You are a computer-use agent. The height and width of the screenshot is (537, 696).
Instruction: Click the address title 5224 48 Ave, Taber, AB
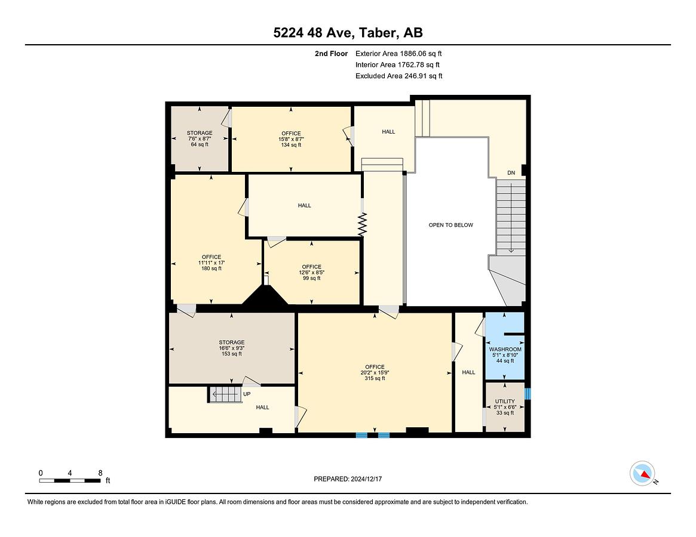(x=348, y=32)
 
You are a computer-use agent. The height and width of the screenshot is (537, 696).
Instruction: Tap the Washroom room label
(x=505, y=350)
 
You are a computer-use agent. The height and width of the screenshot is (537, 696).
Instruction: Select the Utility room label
(x=505, y=402)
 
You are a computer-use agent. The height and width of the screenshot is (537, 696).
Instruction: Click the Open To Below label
(x=450, y=225)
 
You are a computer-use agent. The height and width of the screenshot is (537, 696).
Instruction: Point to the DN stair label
(x=511, y=173)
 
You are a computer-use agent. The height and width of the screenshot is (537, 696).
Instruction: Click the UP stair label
(x=247, y=394)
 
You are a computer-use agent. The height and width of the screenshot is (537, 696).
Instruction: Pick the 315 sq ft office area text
(x=375, y=378)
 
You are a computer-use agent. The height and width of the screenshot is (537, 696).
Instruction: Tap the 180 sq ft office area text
(x=211, y=268)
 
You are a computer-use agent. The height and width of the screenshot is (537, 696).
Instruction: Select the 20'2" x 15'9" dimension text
(x=375, y=372)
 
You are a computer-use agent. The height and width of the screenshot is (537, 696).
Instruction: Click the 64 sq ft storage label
(x=200, y=144)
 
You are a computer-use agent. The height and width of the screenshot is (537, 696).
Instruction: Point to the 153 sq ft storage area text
(x=231, y=354)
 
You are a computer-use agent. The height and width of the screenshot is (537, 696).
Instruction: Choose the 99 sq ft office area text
(x=312, y=279)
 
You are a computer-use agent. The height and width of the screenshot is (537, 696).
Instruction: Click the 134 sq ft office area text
(x=291, y=145)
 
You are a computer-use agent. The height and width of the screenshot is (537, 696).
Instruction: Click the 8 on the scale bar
(x=100, y=473)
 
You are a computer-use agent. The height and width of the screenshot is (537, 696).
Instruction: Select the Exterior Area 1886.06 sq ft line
(x=398, y=54)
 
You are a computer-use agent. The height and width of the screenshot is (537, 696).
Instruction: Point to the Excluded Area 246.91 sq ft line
(x=398, y=76)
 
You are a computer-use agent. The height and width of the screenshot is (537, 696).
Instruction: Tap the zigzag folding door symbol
(x=363, y=224)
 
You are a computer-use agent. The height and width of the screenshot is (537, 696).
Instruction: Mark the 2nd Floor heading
(x=331, y=54)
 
